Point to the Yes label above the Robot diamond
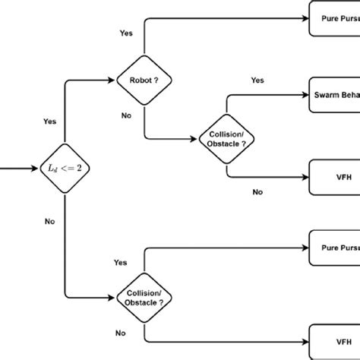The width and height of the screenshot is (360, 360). tap(127, 34)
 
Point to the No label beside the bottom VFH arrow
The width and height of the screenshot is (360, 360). tap(120, 333)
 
